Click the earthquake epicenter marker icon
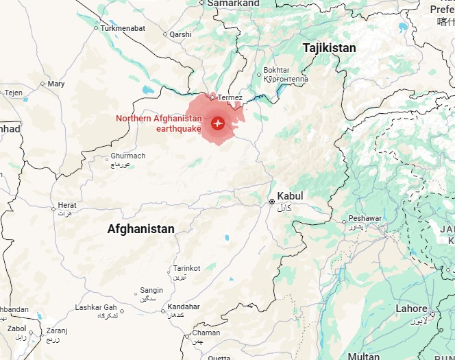pyautogui.click(x=218, y=123)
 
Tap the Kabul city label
pyautogui.click(x=290, y=196)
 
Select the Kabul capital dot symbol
pyautogui.click(x=272, y=202)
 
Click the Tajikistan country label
pyautogui.click(x=330, y=48)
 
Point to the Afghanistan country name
pyautogui.click(x=140, y=229)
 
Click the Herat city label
pyautogui.click(x=67, y=205)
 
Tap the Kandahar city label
pyautogui.click(x=184, y=307)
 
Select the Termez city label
pyautogui.click(x=230, y=98)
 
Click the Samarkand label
pyautogui.click(x=234, y=3)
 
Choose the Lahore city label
pyautogui.click(x=411, y=309)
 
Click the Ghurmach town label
pyautogui.click(x=128, y=156)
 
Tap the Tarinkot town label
pyautogui.click(x=186, y=268)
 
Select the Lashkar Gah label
pyautogui.click(x=96, y=307)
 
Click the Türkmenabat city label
pyautogui.click(x=123, y=28)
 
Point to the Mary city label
pyautogui.click(x=56, y=84)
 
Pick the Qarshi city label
pyautogui.click(x=180, y=34)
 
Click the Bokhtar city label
pyautogui.click(x=277, y=71)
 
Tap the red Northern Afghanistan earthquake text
pyautogui.click(x=159, y=123)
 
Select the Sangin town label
pyautogui.click(x=151, y=290)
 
